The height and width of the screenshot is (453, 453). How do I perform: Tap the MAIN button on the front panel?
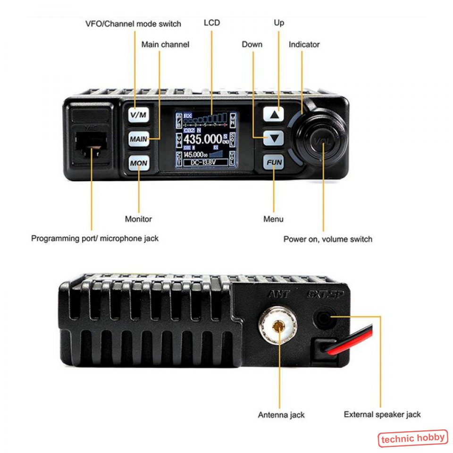tap(138, 139)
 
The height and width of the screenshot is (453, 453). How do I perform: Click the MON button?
tap(138, 163)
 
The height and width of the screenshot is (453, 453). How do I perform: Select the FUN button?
tap(274, 163)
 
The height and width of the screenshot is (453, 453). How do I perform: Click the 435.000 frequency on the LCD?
tap(203, 139)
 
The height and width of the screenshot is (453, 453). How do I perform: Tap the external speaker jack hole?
tap(323, 319)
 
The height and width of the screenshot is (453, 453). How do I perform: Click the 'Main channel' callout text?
tap(165, 44)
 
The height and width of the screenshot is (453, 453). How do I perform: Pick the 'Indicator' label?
tap(304, 44)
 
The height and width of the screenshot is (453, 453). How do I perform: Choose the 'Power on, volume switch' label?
tap(327, 239)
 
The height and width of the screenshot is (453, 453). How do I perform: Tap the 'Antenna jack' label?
tap(281, 415)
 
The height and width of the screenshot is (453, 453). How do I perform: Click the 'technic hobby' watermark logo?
tap(412, 438)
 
